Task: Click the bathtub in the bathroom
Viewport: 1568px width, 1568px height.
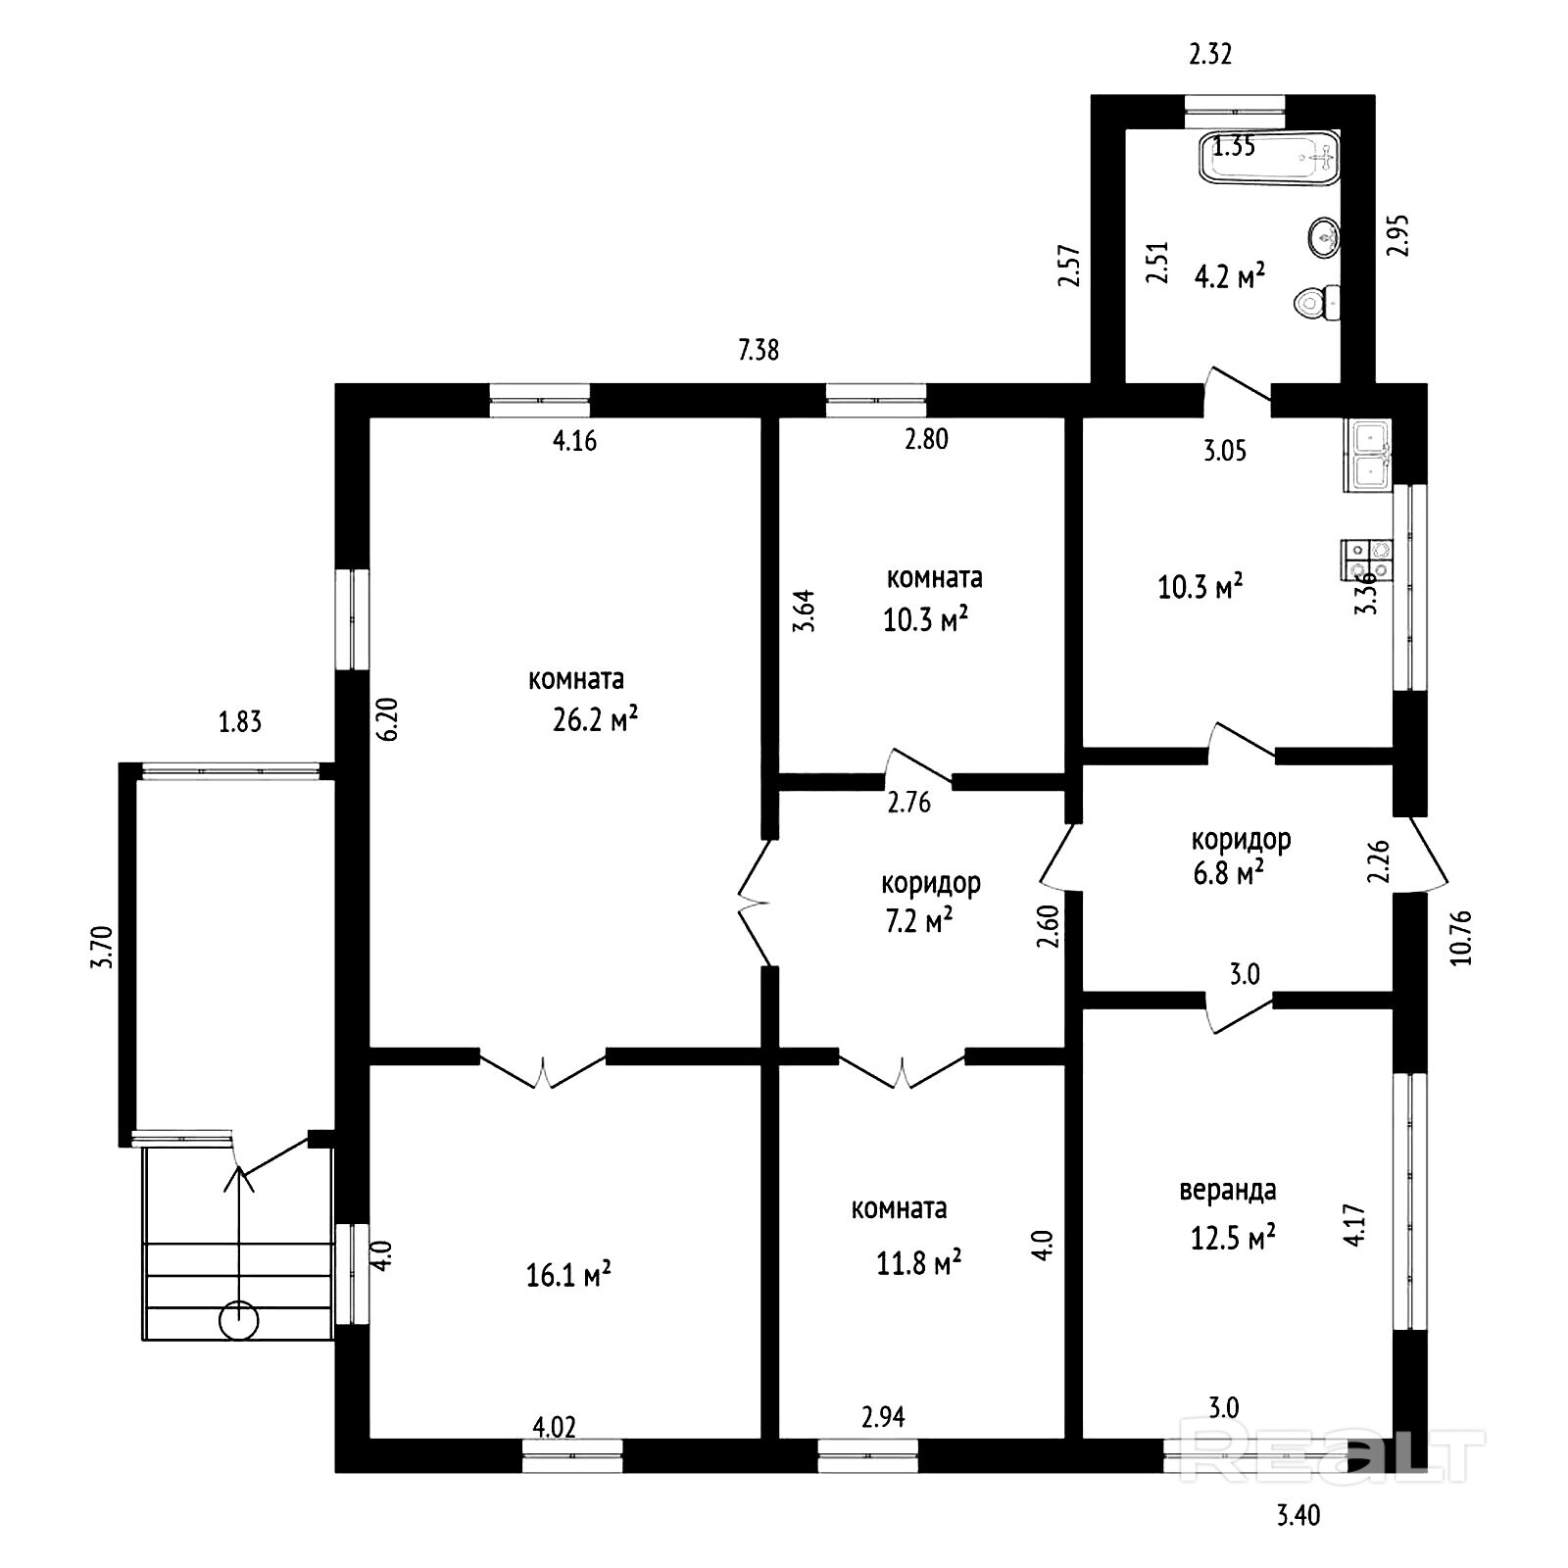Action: (x=1269, y=158)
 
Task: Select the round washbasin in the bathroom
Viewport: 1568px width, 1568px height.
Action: (x=1324, y=237)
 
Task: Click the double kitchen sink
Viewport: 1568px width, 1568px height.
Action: (x=1368, y=455)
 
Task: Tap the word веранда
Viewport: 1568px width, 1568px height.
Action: (x=1227, y=1191)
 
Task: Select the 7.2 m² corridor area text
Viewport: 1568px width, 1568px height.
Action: (x=918, y=922)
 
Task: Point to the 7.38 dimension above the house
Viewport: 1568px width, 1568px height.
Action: (x=759, y=350)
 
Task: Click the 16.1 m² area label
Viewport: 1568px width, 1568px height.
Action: (x=568, y=1276)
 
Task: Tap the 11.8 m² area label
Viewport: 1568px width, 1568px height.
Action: (x=918, y=1262)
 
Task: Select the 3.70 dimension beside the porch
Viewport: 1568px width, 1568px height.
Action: (x=103, y=948)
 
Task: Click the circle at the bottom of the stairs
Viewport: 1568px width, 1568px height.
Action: (x=238, y=1320)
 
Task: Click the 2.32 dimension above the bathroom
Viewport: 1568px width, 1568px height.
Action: (x=1210, y=55)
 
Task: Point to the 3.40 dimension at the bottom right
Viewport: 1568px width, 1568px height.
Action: (x=1298, y=1516)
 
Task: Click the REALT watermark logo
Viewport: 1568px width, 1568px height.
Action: (x=1332, y=1455)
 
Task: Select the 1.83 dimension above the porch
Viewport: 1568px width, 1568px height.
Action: (x=240, y=722)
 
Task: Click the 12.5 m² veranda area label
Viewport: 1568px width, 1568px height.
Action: (x=1233, y=1238)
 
